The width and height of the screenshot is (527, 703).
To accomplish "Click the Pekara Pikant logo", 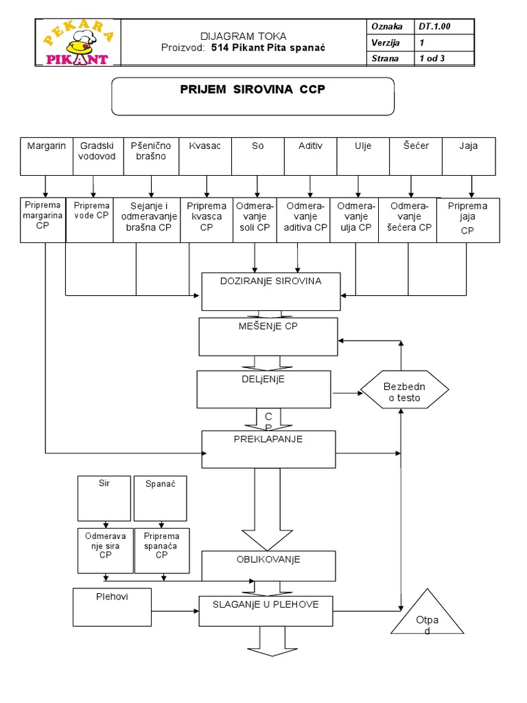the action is (x=78, y=43).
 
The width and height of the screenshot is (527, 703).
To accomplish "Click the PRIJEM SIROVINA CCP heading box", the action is (x=253, y=96).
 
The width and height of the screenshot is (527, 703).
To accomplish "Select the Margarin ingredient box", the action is (x=47, y=157).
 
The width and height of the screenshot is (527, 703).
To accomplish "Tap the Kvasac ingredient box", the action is (x=205, y=157).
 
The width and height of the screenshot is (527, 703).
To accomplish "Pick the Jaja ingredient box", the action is (x=469, y=157).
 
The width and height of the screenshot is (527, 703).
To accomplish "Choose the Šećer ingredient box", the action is (x=416, y=157).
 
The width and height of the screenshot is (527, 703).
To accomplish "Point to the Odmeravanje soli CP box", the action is (x=255, y=220).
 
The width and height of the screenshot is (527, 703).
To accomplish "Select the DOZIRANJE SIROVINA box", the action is (x=271, y=292).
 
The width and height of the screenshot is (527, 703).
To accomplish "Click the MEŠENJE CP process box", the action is (x=268, y=336).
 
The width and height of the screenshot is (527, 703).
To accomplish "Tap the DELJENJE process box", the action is (x=264, y=389).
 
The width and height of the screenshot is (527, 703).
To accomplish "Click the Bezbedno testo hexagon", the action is (x=405, y=389).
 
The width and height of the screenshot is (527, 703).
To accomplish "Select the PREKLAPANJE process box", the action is (x=268, y=450).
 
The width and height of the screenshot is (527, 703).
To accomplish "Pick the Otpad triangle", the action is (x=427, y=611).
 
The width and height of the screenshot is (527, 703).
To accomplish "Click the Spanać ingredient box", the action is (x=161, y=498).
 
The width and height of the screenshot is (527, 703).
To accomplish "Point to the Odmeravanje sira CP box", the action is (x=105, y=551).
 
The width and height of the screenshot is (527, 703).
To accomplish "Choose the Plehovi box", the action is (x=112, y=608).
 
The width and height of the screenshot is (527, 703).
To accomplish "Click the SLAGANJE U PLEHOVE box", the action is (x=266, y=611).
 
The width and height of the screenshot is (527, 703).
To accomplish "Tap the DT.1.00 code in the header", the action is (x=434, y=27).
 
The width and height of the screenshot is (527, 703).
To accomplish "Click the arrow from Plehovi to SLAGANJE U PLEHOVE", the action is (x=175, y=611).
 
